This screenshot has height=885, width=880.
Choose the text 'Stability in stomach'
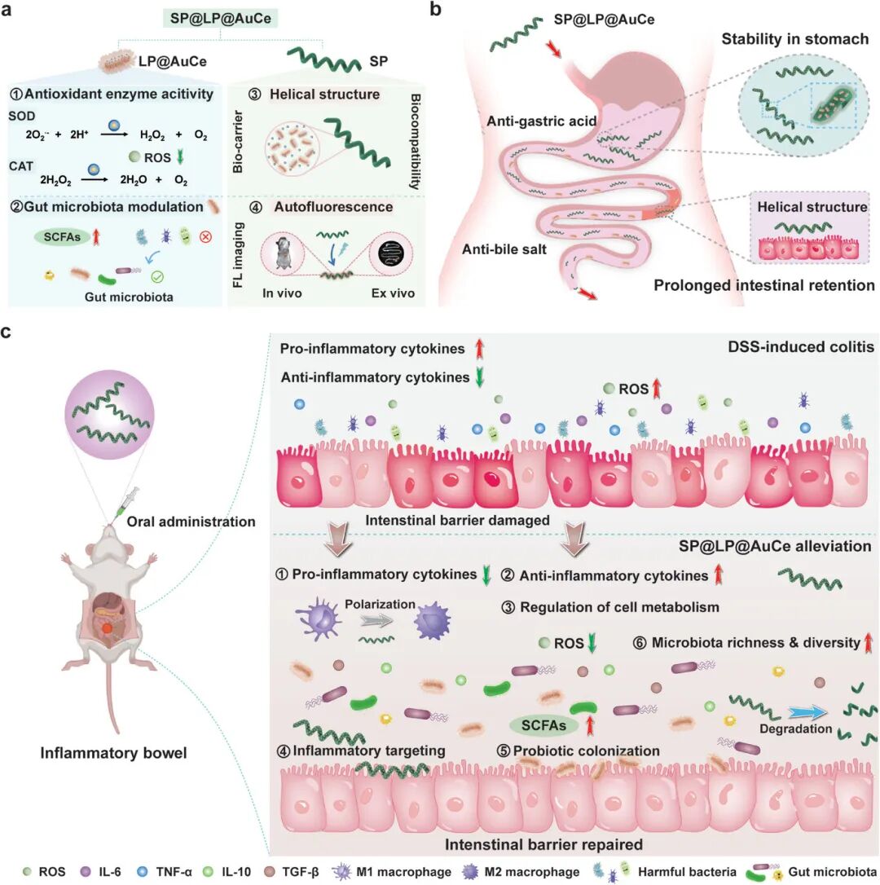tap(781, 38)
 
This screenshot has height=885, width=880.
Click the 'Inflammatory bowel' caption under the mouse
tap(114, 753)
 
